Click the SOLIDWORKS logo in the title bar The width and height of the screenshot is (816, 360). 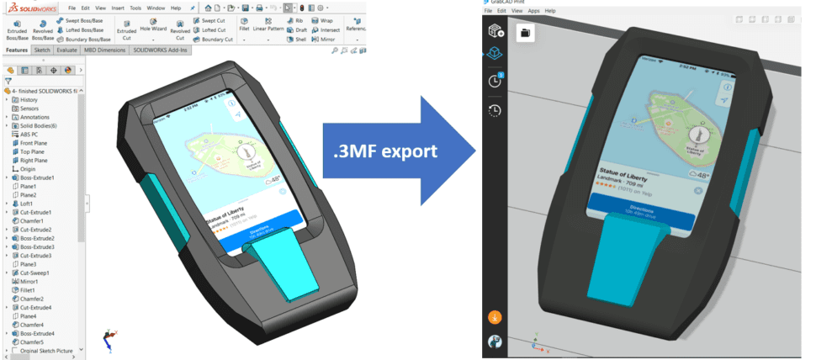[x=30, y=8]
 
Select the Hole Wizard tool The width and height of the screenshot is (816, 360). [x=153, y=28]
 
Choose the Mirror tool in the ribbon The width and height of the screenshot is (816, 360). [x=325, y=40]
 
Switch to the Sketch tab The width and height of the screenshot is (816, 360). [x=41, y=50]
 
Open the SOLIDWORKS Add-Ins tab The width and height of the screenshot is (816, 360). [x=162, y=50]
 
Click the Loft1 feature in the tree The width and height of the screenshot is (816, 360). [x=27, y=204]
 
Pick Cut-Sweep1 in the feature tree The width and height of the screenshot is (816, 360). [x=34, y=273]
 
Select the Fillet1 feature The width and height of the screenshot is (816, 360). [x=30, y=290]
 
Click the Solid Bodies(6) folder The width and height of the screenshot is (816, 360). [x=39, y=125]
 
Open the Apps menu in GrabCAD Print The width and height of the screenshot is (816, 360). [x=533, y=11]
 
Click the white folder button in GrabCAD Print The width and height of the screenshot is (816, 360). [x=525, y=33]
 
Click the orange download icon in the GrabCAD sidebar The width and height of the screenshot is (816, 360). [x=495, y=318]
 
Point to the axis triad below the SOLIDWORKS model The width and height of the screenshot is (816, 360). [x=109, y=338]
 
